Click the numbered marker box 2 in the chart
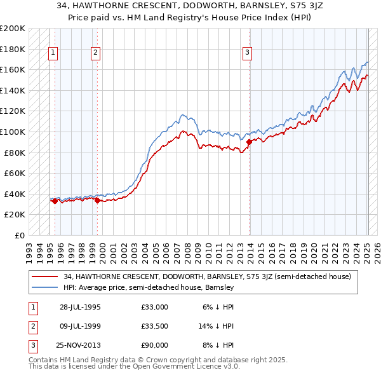[95, 53]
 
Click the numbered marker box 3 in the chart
[247, 53]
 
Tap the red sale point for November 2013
[249, 142]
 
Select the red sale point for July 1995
[55, 201]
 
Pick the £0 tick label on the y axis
[20, 235]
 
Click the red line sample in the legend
[46, 276]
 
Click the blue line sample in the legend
[46, 287]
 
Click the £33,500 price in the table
[154, 326]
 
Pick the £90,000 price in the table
[154, 345]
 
